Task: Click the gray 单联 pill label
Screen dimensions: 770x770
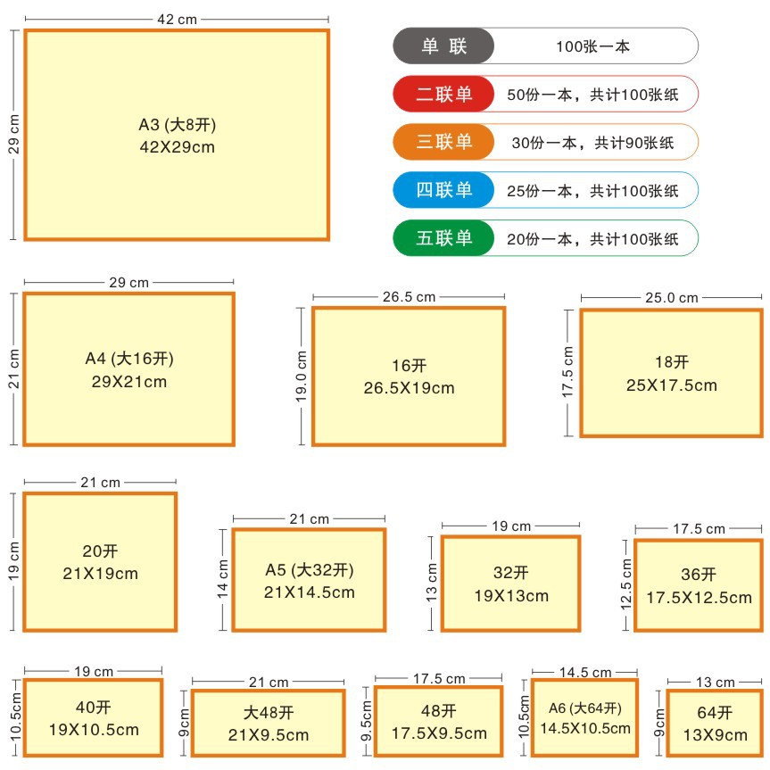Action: (x=443, y=46)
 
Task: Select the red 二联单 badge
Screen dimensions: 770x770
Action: (x=443, y=94)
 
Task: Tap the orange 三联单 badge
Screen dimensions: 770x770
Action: (x=443, y=142)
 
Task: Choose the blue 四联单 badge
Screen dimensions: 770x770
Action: (x=443, y=190)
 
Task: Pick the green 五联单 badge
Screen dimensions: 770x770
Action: (x=443, y=238)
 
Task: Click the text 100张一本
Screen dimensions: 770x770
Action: (x=592, y=46)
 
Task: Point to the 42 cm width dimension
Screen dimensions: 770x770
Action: (x=177, y=19)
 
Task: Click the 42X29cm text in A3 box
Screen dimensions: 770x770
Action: (x=178, y=147)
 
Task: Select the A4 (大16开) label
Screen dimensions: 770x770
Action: (x=129, y=359)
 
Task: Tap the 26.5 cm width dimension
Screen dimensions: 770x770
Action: (x=409, y=297)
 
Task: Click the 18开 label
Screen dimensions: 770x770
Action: (x=671, y=362)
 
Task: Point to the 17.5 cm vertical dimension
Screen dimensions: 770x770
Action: (x=569, y=373)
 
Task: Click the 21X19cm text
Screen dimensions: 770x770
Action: (x=101, y=574)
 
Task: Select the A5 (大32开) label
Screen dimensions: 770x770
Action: (x=310, y=570)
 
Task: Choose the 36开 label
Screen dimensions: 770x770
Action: (x=699, y=575)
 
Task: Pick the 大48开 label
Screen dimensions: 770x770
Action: (x=268, y=713)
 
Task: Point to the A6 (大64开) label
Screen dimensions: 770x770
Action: (x=584, y=708)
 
